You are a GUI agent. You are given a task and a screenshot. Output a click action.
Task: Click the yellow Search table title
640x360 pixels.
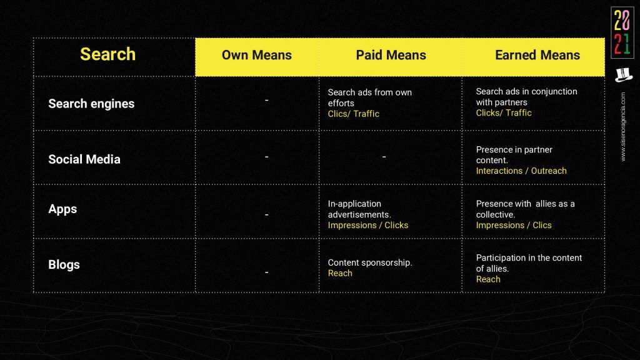click(x=107, y=54)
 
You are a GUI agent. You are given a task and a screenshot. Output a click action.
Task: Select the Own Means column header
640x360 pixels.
click(x=257, y=55)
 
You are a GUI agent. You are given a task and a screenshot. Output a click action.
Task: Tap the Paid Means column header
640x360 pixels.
click(x=391, y=55)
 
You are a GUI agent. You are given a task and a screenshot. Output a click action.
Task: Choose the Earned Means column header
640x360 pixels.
click(x=537, y=55)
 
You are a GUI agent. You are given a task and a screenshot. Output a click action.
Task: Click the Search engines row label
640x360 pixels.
click(x=91, y=104)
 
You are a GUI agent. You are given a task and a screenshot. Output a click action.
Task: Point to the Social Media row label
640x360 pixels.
click(x=84, y=159)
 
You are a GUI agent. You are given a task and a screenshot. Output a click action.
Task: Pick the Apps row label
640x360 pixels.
click(x=62, y=209)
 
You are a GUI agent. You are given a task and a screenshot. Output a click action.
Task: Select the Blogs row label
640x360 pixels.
click(x=64, y=264)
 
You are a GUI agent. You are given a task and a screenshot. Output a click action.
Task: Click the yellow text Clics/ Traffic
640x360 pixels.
click(x=354, y=114)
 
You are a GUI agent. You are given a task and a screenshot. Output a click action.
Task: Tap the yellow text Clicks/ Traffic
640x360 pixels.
click(x=504, y=113)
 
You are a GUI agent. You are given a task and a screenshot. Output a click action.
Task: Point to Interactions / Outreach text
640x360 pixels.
click(x=521, y=171)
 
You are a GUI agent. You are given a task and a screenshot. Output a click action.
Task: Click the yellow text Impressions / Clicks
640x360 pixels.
click(x=367, y=225)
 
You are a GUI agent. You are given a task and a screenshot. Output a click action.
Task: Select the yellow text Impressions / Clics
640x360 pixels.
click(x=514, y=225)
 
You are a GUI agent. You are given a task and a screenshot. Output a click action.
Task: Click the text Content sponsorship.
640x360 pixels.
click(x=370, y=263)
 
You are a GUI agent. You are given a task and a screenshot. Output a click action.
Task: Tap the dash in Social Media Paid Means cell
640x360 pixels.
click(x=384, y=157)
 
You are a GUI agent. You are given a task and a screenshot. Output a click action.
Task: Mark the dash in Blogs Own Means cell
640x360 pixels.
click(x=266, y=272)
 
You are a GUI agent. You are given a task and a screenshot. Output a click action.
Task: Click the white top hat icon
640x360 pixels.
click(x=624, y=75)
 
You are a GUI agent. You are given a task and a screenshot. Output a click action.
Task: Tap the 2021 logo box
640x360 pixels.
click(x=622, y=32)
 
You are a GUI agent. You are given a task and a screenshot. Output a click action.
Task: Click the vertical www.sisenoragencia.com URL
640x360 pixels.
click(x=623, y=126)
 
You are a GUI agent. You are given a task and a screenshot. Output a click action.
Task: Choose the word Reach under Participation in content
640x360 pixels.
click(x=488, y=279)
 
